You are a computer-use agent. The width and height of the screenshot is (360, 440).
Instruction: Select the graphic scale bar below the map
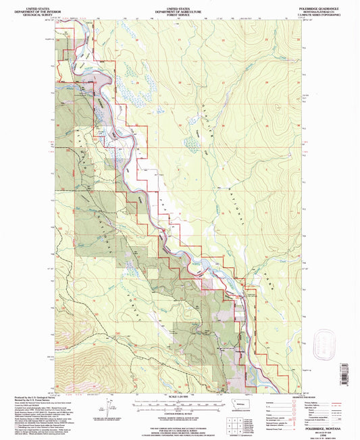180,404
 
